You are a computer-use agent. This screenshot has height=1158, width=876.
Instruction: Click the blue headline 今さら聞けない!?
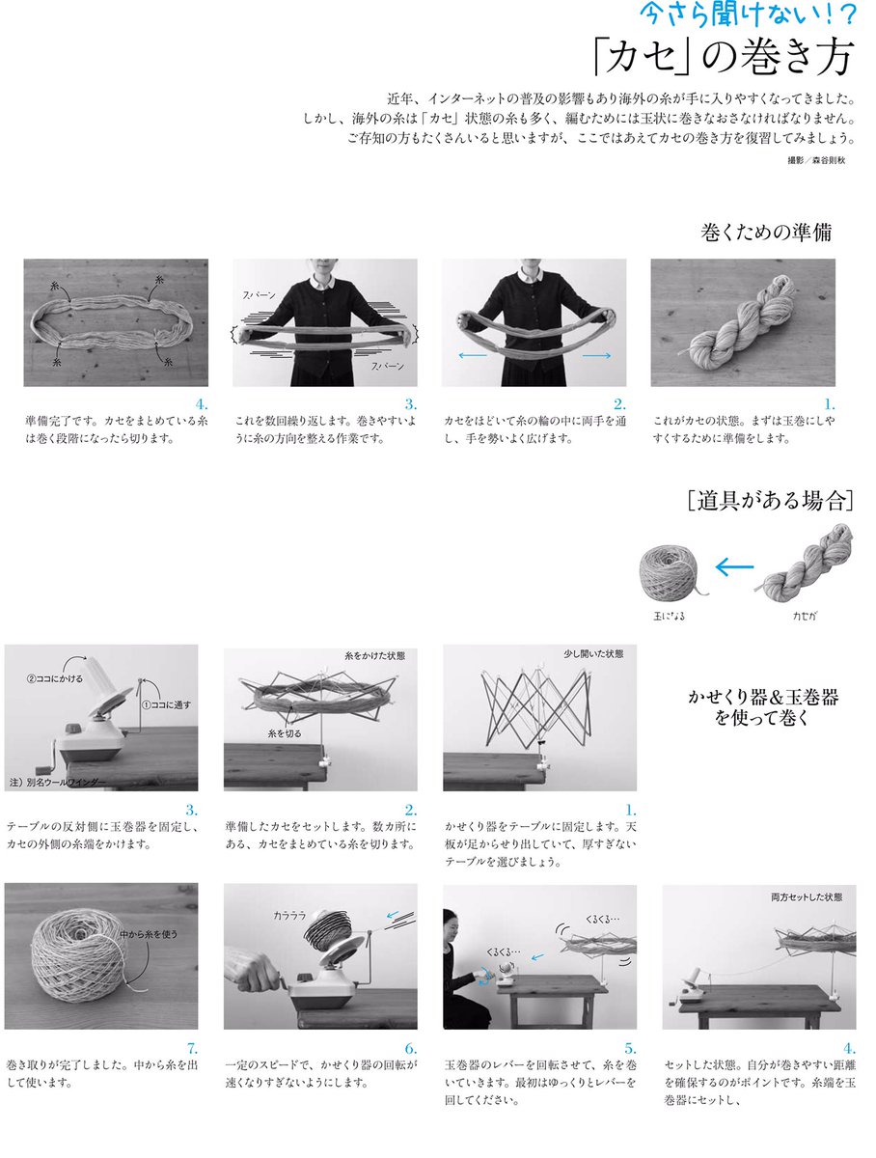pos(749,14)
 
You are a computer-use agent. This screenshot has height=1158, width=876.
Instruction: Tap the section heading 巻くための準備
pos(766,233)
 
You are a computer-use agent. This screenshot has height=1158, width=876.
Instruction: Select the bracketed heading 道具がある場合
pos(771,500)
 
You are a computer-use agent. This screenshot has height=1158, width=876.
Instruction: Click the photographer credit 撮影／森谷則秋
pos(816,160)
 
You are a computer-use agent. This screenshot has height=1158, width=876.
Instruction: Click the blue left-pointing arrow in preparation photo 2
pos(473,355)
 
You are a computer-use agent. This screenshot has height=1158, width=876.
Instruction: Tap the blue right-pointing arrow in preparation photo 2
pos(596,355)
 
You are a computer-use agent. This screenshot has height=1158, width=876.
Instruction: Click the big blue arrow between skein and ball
pos(734,567)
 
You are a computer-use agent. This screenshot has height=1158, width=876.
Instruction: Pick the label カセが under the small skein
pos(805,616)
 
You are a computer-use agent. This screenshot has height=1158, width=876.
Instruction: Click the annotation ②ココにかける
pos(55,679)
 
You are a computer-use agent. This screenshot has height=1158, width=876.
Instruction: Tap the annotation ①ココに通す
pos(166,704)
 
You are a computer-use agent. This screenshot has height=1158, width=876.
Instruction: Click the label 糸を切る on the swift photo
pos(285,733)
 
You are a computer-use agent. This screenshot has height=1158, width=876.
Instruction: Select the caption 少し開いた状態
pos(593,654)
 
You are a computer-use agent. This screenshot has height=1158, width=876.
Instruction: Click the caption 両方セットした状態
pos(807,896)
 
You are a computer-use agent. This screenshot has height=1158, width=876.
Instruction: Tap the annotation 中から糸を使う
pos(149,934)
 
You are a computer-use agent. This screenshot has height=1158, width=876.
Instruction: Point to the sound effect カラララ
pos(289,916)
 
